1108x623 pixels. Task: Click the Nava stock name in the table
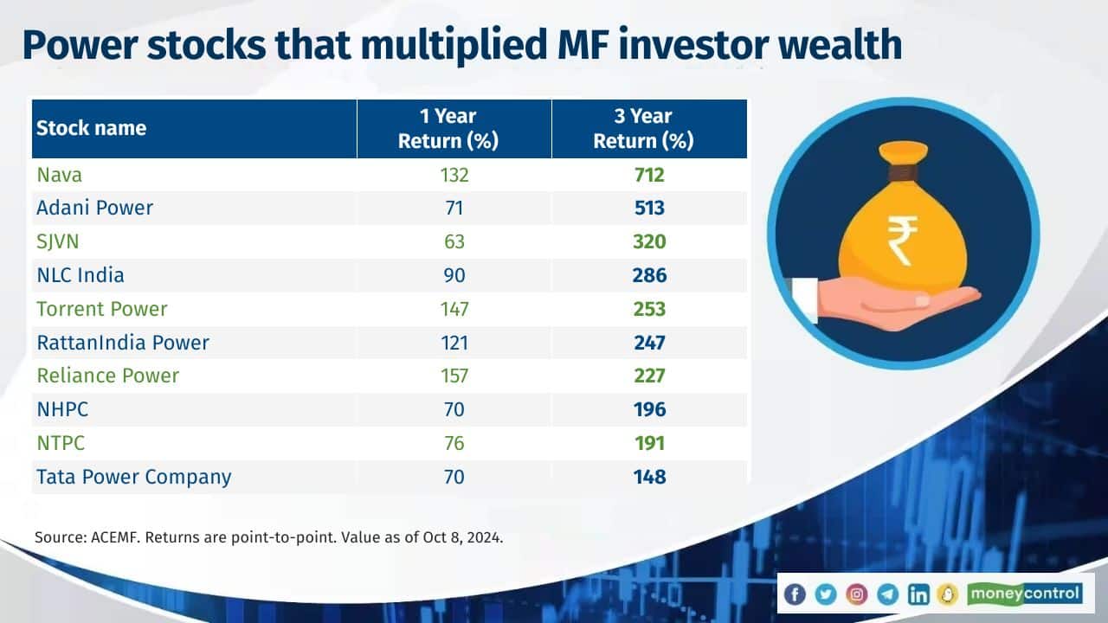[x=59, y=175]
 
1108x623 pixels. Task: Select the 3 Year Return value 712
[x=648, y=175]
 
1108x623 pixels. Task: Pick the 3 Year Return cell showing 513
[x=648, y=209]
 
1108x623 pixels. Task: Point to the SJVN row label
[x=59, y=242]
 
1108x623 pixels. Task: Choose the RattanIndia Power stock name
[x=122, y=343]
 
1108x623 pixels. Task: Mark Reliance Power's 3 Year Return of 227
[x=648, y=376]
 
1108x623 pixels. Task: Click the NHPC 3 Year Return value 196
[x=648, y=409]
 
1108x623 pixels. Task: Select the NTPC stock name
[x=61, y=443]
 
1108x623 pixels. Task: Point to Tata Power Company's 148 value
[x=648, y=477]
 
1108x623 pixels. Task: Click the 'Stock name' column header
[x=91, y=129]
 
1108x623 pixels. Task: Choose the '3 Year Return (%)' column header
[x=643, y=129]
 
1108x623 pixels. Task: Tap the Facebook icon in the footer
[x=795, y=594]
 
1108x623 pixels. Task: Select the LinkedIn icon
[x=918, y=594]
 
